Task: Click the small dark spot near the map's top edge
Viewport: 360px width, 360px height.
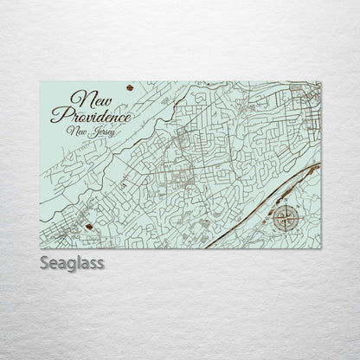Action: [x=131, y=87]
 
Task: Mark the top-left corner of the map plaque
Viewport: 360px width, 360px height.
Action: [x=41, y=80]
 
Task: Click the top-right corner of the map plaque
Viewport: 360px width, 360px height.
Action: [x=321, y=80]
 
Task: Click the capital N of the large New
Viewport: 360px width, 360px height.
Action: [x=84, y=98]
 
